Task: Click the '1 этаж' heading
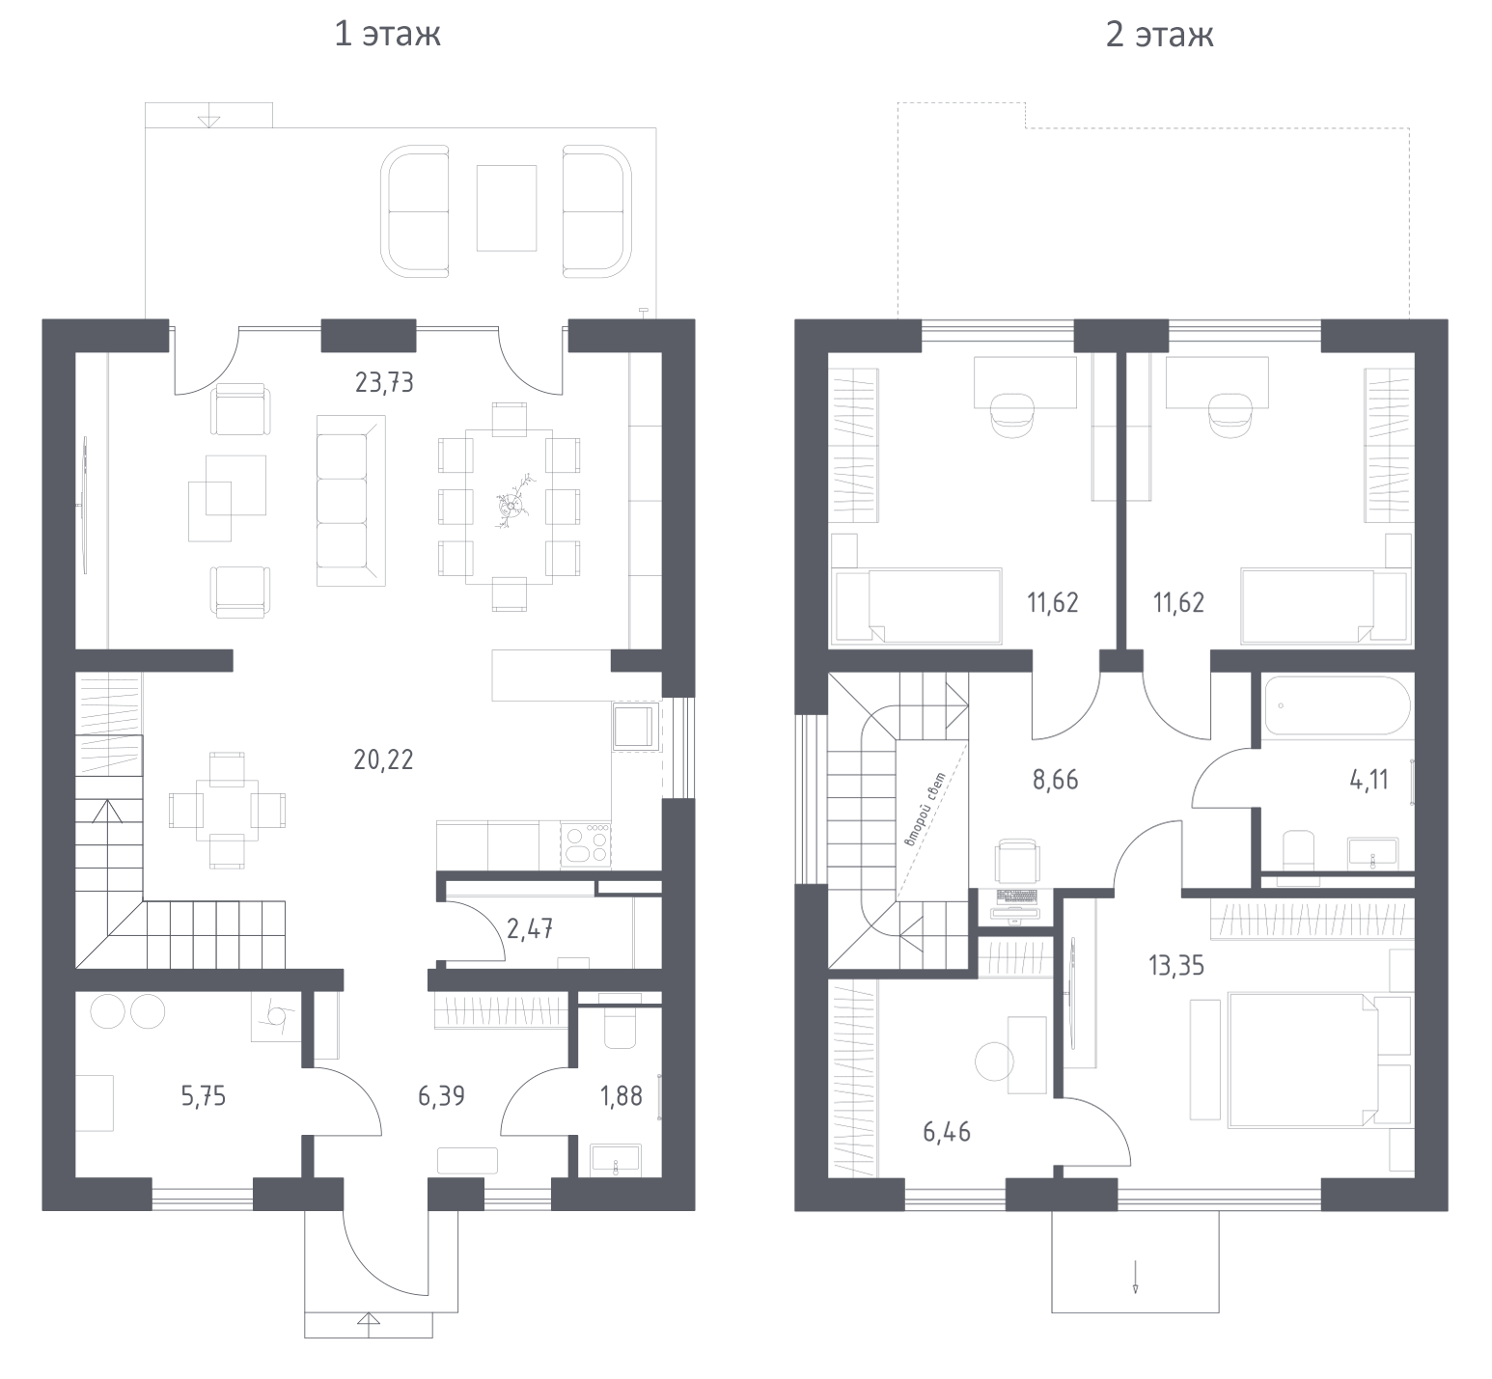tap(387, 35)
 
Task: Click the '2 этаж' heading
tap(1159, 35)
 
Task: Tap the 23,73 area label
tap(384, 383)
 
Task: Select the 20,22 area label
tap(383, 759)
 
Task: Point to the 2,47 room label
tap(530, 929)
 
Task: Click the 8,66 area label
tap(1056, 780)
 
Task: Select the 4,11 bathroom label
tap(1368, 780)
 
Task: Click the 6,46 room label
tap(947, 1131)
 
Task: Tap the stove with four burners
tap(585, 844)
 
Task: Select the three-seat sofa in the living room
tap(350, 501)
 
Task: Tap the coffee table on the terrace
tap(506, 208)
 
